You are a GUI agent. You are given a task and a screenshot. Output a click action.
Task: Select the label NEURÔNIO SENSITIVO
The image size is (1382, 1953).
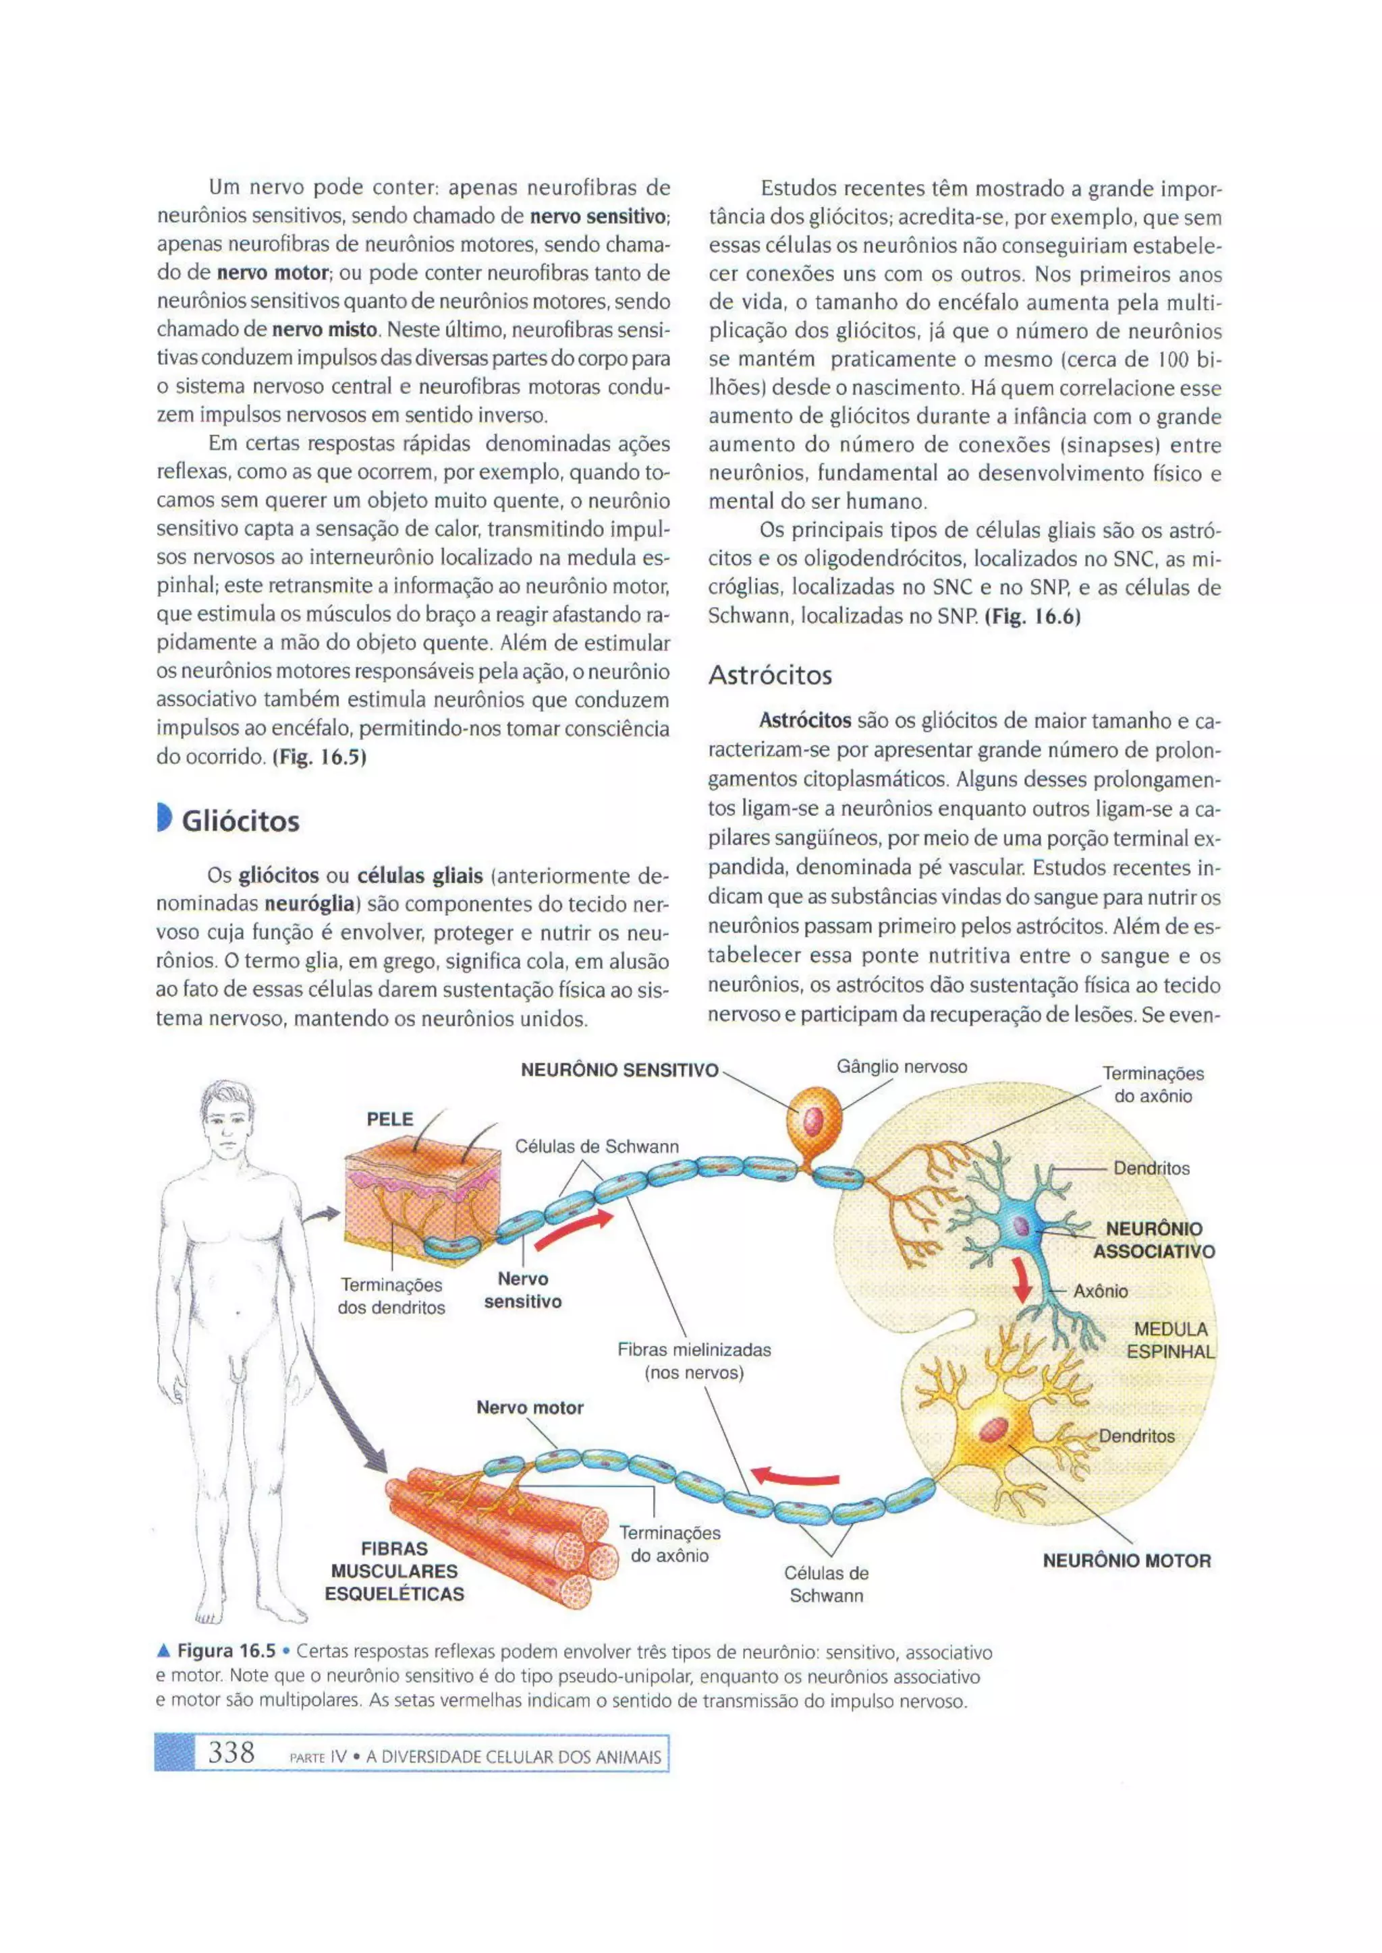coord(619,1070)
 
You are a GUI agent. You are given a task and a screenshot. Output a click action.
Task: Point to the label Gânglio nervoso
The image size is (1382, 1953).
coord(902,1067)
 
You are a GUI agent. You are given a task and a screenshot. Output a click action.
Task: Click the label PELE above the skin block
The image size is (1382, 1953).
coord(390,1119)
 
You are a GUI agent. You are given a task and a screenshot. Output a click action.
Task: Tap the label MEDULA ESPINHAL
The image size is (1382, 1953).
coord(1170,1341)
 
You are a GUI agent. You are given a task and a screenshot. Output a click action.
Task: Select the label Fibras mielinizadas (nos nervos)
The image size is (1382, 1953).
coord(694,1361)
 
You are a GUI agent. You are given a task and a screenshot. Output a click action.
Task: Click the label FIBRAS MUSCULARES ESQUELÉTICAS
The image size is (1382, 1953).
coord(395,1571)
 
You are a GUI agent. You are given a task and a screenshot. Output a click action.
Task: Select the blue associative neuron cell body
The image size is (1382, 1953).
coord(1020,1226)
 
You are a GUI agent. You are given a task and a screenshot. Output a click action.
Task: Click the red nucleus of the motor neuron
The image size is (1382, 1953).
coord(993,1429)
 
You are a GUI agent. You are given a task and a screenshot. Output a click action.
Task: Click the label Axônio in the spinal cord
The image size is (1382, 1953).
coord(1101,1291)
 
